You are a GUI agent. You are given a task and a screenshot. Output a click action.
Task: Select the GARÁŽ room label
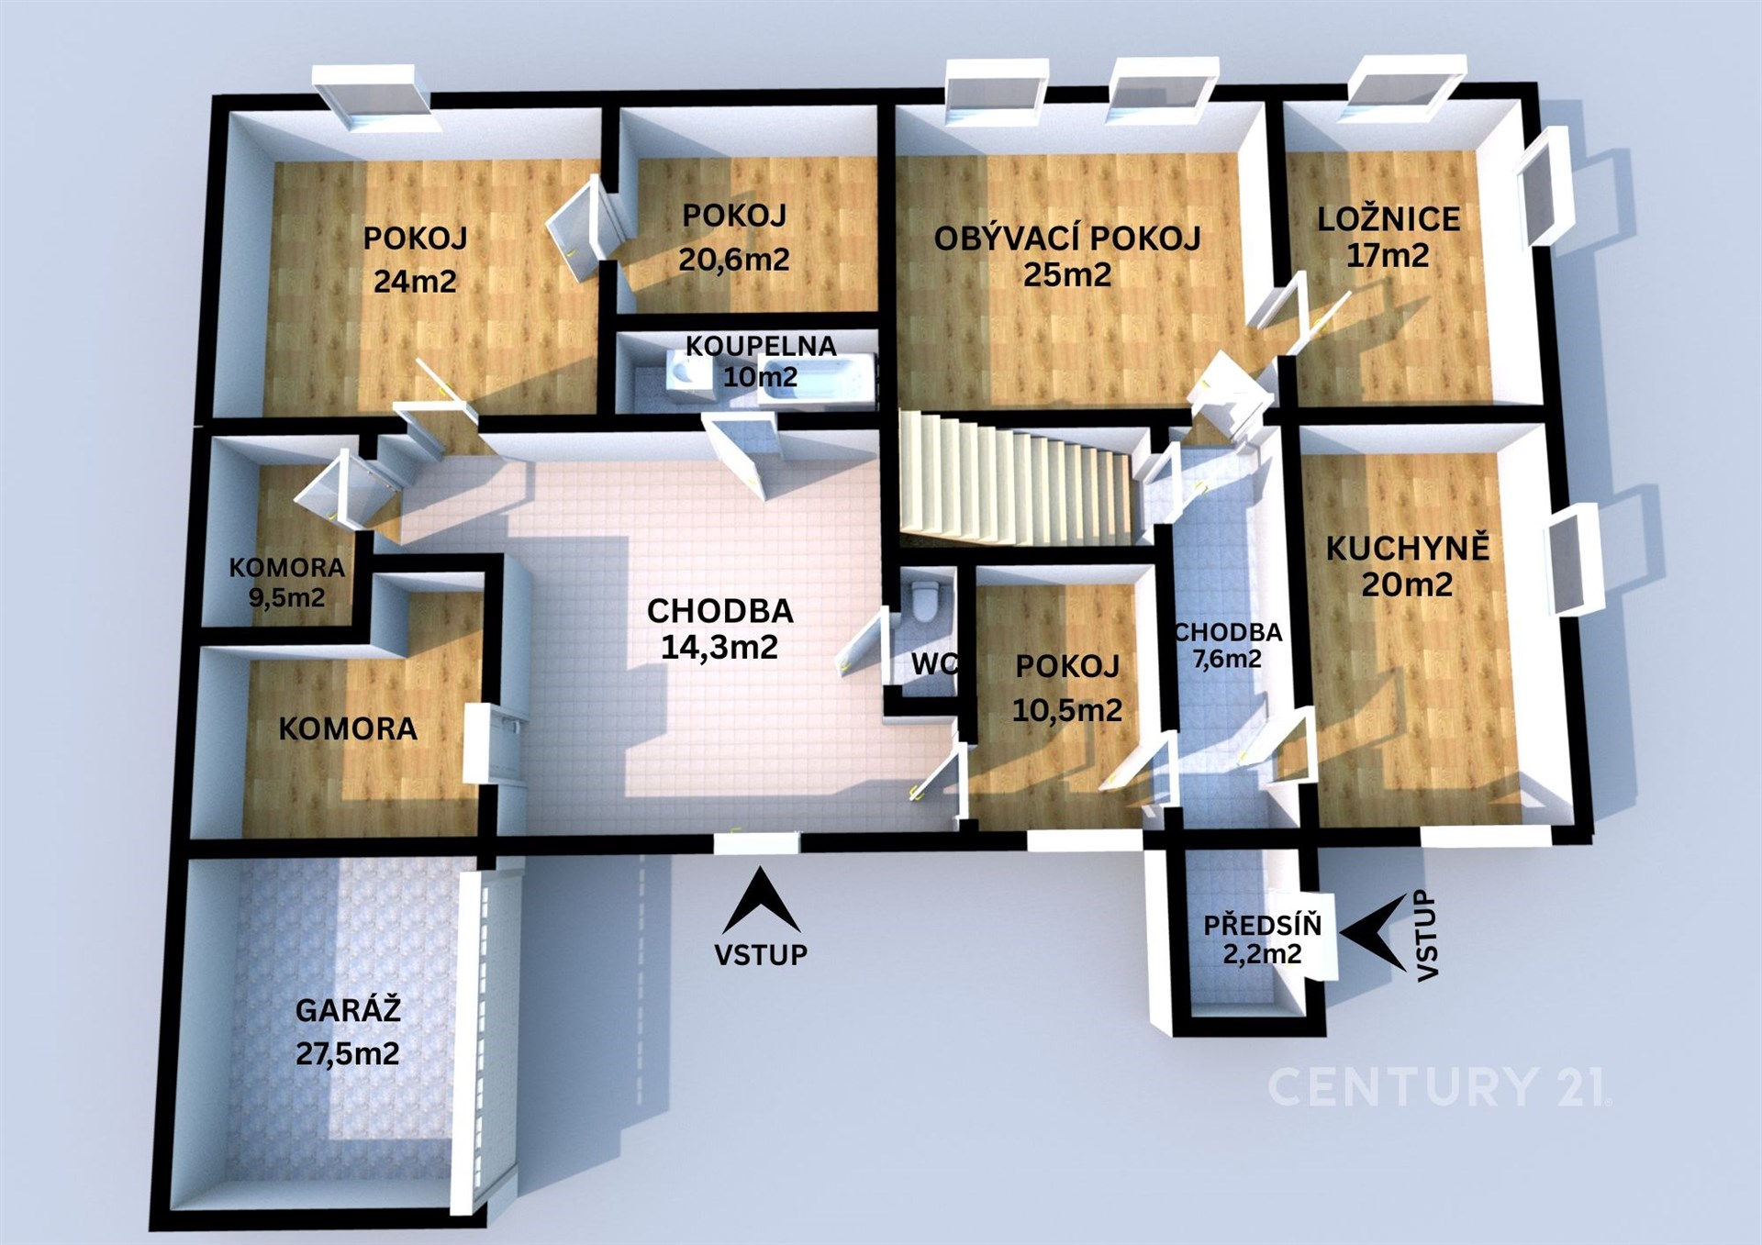tap(348, 1011)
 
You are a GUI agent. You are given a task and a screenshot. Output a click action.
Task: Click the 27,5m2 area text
tap(348, 1053)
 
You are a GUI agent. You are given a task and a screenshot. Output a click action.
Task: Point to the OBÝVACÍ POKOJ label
tap(1067, 239)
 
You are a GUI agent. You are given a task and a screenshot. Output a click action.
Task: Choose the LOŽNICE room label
tap(1388, 219)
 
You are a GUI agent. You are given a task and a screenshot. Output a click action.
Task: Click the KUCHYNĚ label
tap(1408, 549)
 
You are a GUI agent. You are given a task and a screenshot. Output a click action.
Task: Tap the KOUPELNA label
tap(761, 346)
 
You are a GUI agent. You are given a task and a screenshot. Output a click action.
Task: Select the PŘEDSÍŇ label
tap(1263, 925)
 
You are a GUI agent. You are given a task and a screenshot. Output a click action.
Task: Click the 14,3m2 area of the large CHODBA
tap(719, 647)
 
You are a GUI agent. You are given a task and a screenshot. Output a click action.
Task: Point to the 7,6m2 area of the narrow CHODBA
tap(1227, 659)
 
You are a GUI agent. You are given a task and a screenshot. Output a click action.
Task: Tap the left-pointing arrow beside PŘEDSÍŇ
tap(1373, 932)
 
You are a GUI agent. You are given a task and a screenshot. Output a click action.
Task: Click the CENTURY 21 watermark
tap(1438, 1086)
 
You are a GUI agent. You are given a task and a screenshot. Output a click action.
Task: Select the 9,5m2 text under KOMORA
tap(286, 598)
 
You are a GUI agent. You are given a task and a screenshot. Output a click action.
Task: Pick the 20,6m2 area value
tap(734, 260)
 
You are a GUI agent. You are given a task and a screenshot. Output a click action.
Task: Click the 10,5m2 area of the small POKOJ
tap(1067, 709)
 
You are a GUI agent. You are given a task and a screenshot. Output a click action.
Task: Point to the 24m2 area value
tap(415, 281)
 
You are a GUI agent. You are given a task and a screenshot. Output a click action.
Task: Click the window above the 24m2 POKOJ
tap(371, 95)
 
